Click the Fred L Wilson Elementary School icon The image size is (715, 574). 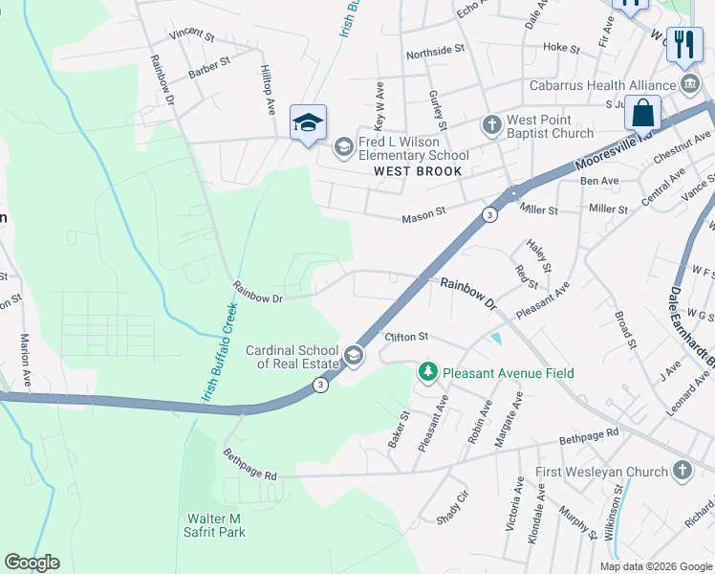coord(343,147)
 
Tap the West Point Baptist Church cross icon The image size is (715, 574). coord(491,124)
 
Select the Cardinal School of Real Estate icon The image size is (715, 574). coord(354,356)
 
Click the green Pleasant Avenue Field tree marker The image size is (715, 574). coord(429,370)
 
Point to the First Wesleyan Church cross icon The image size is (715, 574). coord(682,470)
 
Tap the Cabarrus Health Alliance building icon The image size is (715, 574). coord(690,83)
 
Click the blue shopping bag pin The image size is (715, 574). coord(643,113)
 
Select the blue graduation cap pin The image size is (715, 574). coord(308,123)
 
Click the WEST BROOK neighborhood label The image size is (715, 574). coord(418,171)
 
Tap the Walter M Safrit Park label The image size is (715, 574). coord(216,525)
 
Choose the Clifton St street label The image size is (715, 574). coord(406,337)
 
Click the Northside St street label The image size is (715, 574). coord(435,48)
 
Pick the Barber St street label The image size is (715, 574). coord(209,63)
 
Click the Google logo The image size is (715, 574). coord(32,563)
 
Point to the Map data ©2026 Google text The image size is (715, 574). coord(655,566)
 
